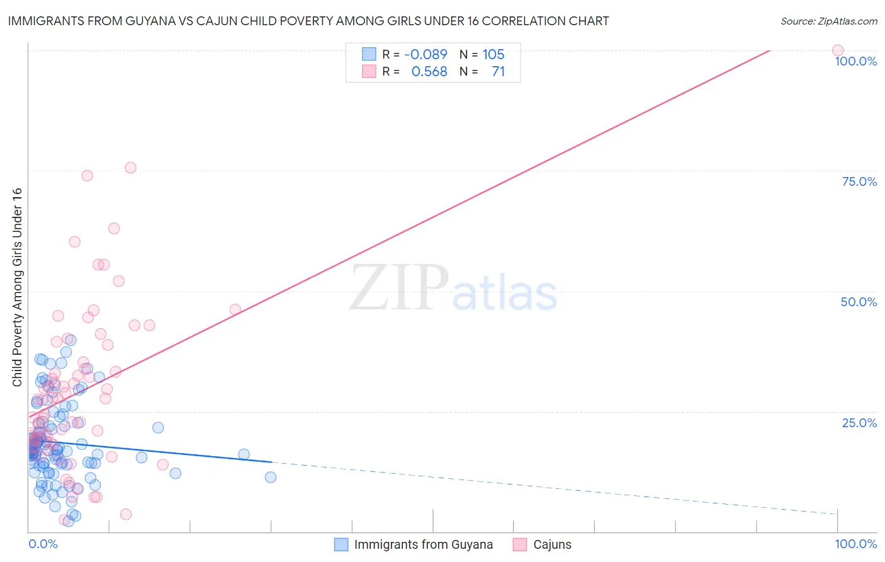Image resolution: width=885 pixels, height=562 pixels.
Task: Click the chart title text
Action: click(x=308, y=21)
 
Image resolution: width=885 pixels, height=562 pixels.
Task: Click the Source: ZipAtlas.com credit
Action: click(x=828, y=21)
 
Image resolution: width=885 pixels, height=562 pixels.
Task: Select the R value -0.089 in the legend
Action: click(x=426, y=55)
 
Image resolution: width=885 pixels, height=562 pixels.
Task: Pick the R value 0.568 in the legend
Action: click(x=429, y=72)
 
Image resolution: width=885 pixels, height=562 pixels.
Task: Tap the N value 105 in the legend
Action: click(x=493, y=55)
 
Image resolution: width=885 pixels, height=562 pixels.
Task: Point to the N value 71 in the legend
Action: click(x=498, y=72)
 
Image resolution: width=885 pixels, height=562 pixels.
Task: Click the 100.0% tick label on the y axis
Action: click(x=855, y=62)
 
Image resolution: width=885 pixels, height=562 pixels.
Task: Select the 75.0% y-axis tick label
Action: click(x=859, y=182)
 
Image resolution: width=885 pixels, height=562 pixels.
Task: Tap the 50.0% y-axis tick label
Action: click(x=859, y=302)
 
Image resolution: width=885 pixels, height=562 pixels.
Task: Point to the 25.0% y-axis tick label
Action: click(x=859, y=423)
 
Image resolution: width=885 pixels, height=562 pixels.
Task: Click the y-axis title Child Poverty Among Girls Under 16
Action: click(x=17, y=287)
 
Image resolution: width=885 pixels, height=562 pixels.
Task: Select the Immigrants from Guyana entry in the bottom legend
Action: click(x=423, y=545)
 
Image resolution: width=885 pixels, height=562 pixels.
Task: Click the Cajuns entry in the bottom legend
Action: click(x=552, y=545)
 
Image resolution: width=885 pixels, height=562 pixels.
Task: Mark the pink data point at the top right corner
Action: click(x=838, y=50)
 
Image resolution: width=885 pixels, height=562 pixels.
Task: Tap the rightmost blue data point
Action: click(x=271, y=477)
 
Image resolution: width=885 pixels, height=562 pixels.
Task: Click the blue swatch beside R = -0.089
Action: click(x=369, y=55)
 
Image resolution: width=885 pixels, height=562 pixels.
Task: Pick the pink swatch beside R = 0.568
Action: click(x=369, y=72)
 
